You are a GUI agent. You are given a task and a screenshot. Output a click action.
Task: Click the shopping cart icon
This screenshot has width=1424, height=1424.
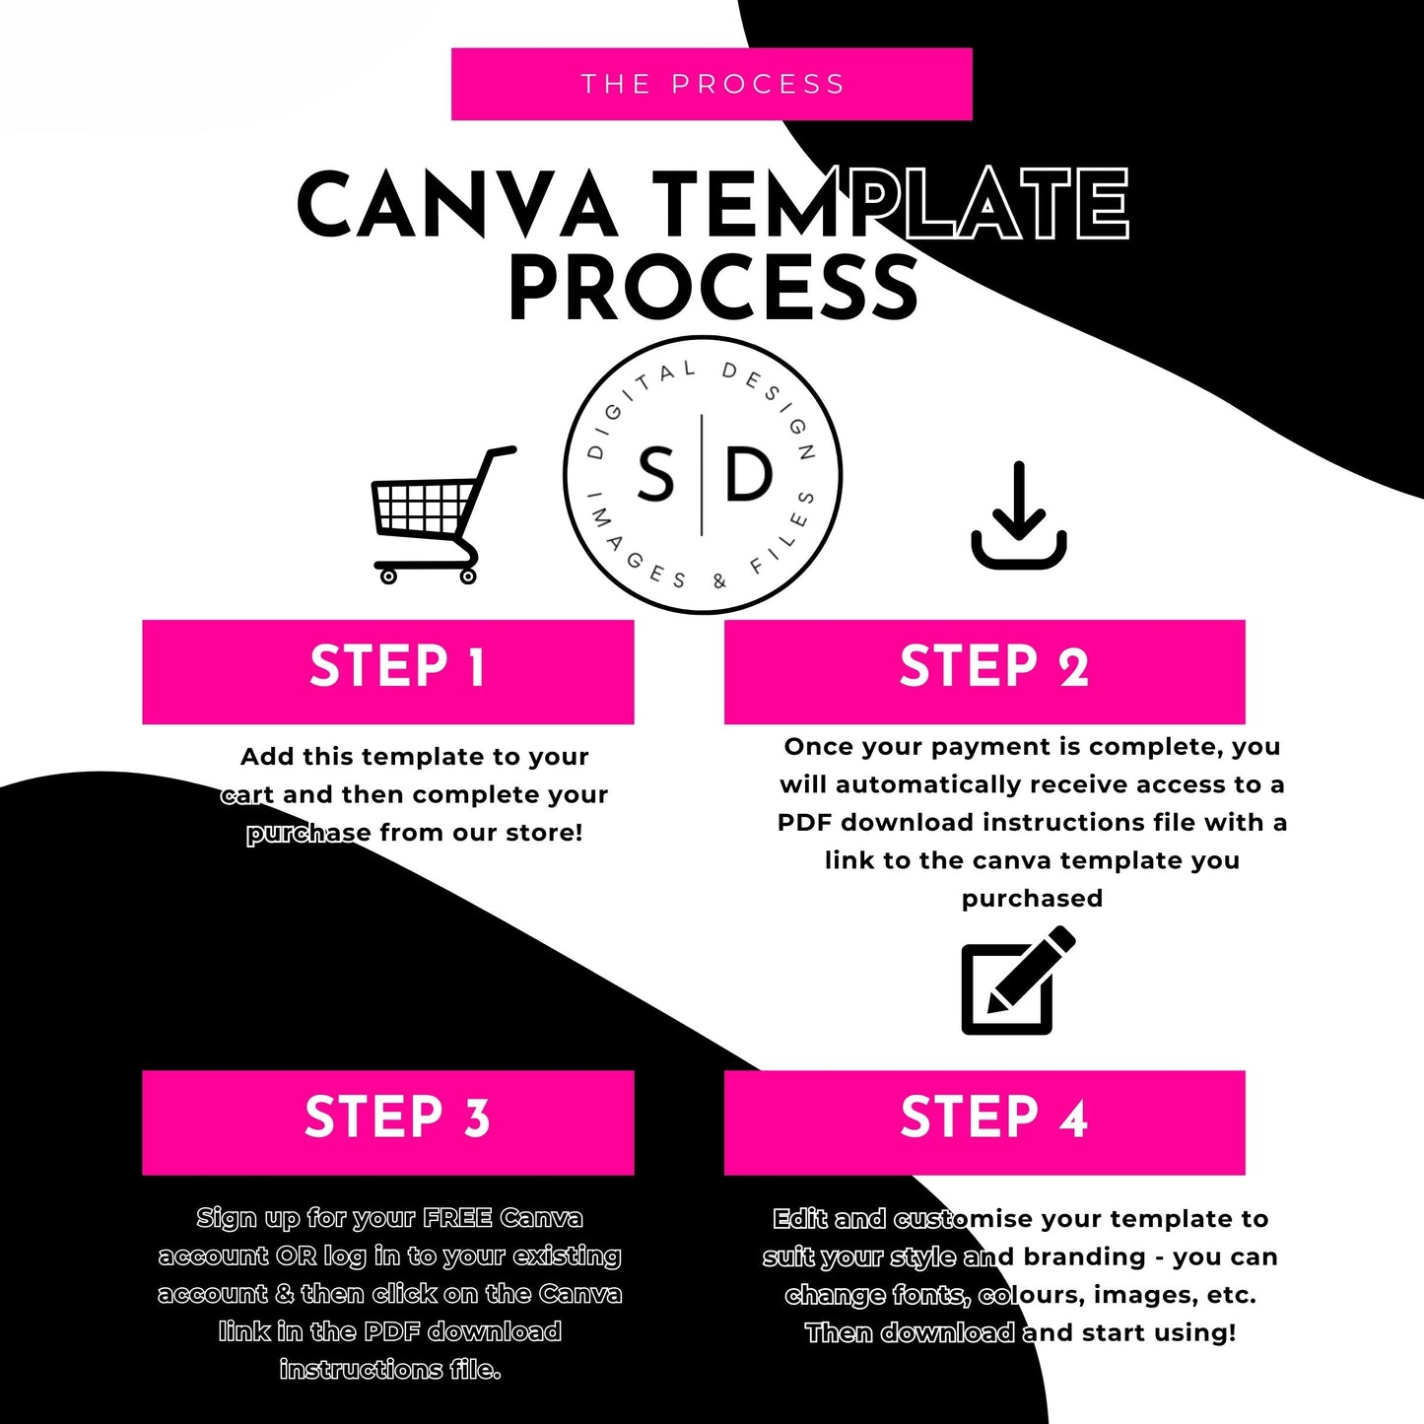click(x=441, y=515)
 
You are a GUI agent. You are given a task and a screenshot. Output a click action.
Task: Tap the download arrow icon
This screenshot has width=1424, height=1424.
click(x=1018, y=515)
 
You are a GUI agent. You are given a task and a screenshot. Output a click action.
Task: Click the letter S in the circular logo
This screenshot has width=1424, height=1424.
click(x=655, y=474)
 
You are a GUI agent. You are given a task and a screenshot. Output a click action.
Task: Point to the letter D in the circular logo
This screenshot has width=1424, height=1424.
click(x=749, y=474)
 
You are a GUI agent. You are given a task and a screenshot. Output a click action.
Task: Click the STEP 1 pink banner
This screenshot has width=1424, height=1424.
click(x=388, y=672)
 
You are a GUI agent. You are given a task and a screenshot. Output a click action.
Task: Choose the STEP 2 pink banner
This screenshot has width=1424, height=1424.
click(x=984, y=672)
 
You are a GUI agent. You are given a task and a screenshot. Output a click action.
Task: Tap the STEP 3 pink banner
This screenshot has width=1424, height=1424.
click(x=388, y=1122)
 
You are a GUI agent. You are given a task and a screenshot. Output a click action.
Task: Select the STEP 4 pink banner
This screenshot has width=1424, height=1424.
click(x=984, y=1122)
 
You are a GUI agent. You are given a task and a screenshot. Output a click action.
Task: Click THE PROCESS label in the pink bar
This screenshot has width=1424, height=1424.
click(x=712, y=84)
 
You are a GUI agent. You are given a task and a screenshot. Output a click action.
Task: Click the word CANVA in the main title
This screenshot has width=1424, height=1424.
click(x=456, y=204)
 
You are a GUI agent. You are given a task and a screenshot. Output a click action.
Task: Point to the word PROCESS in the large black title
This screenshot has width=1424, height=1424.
click(x=713, y=287)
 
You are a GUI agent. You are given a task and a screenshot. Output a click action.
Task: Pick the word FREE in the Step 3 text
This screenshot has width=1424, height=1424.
click(x=457, y=1218)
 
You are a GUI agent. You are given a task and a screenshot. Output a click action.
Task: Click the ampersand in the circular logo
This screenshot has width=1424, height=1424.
click(x=720, y=581)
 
